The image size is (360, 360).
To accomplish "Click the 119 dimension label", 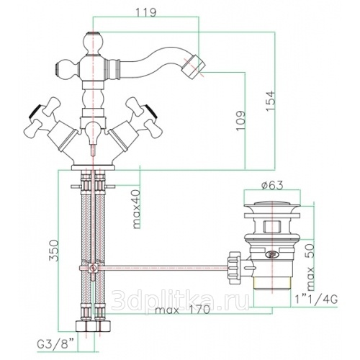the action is [146, 12].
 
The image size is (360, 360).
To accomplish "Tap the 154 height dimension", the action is [269, 101].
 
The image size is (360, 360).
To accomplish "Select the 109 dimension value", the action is [240, 121].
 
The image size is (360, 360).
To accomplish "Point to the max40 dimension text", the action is [136, 209].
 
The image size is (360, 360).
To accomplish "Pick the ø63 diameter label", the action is [272, 185].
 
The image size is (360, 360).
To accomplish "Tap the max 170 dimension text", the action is [182, 310].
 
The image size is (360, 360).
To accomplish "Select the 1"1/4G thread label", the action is [316, 300].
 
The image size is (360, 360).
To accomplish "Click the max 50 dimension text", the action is [310, 266].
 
